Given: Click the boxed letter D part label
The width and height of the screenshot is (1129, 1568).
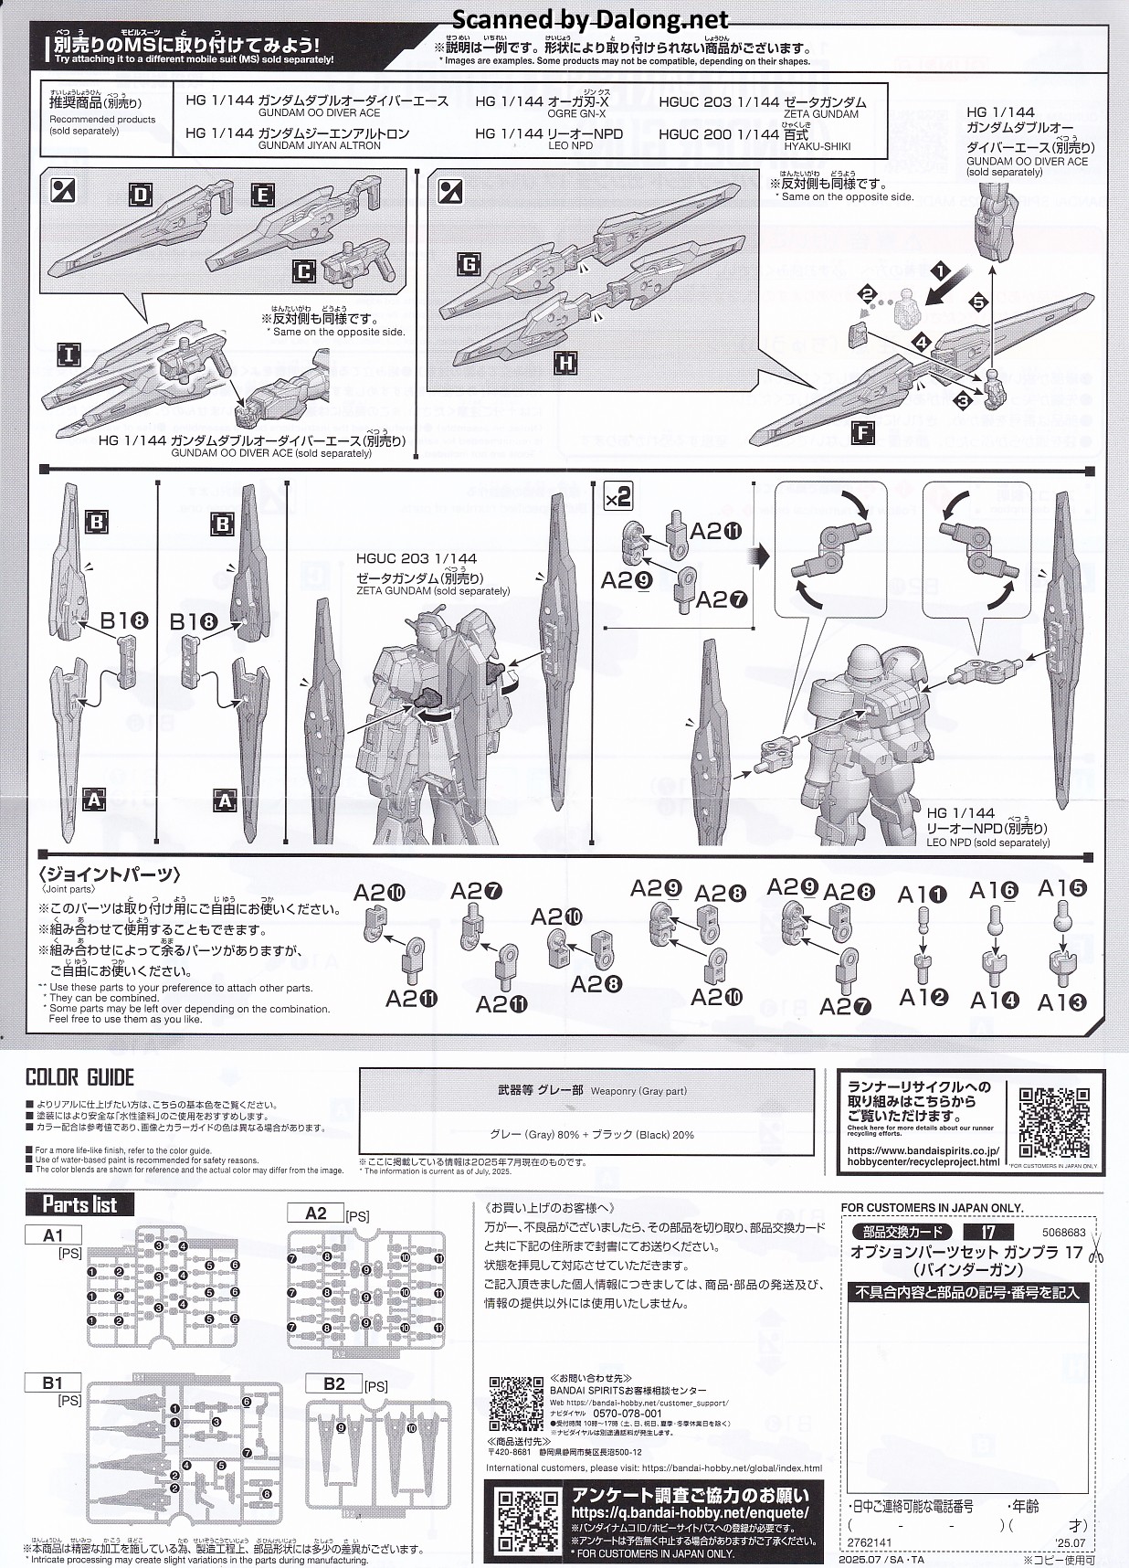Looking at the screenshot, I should (140, 195).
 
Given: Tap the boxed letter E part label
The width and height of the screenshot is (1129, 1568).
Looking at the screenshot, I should (263, 195).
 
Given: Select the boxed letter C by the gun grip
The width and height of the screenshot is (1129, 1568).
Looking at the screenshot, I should (304, 271).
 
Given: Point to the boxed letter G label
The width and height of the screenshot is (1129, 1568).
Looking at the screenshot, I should (469, 266).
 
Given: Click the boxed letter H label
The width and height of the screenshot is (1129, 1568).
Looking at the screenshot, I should (566, 364).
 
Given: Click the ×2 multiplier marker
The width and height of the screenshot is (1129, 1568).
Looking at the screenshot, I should (618, 497).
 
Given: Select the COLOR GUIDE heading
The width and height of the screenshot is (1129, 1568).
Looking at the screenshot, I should (79, 1077).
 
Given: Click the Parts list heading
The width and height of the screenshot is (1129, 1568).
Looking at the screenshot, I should (79, 1204).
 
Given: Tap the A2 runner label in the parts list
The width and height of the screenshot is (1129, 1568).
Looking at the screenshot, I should (315, 1213).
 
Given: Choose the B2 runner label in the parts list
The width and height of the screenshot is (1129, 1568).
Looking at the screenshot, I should (334, 1384).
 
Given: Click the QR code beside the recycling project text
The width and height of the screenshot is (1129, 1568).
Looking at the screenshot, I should (1053, 1123).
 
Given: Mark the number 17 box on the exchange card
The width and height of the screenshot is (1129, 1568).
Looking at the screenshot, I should (987, 1233).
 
